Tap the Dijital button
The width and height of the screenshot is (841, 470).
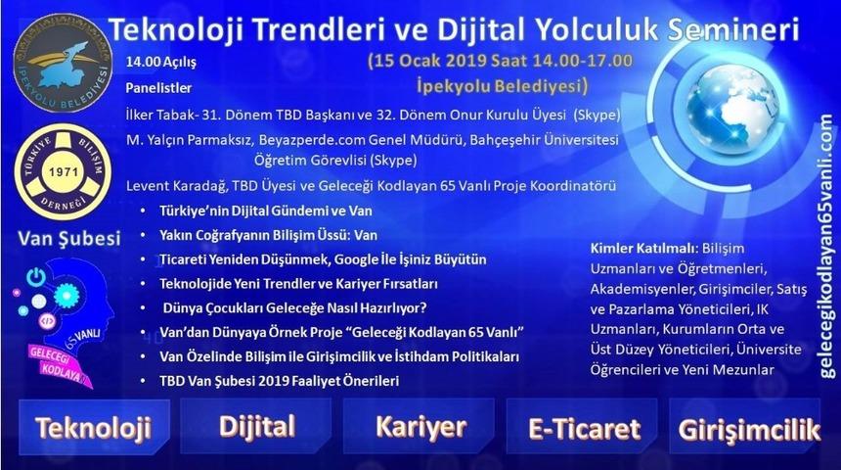[x=257, y=426]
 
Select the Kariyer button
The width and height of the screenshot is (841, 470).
[x=420, y=427]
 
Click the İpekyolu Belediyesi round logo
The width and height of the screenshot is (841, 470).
[x=62, y=62]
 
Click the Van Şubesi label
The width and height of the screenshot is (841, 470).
[x=63, y=238]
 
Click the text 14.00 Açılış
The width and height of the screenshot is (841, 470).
[x=160, y=63]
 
